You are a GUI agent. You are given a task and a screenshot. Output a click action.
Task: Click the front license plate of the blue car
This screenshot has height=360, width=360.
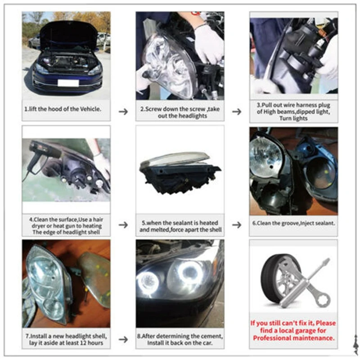tap(68, 83)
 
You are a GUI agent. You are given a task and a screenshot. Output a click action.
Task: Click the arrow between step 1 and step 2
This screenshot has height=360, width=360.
tap(123, 111)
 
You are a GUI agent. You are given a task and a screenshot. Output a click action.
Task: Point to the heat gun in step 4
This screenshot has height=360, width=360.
tap(43, 153)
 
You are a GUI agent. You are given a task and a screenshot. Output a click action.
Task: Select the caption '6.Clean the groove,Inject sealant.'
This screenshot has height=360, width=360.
tap(293, 222)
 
